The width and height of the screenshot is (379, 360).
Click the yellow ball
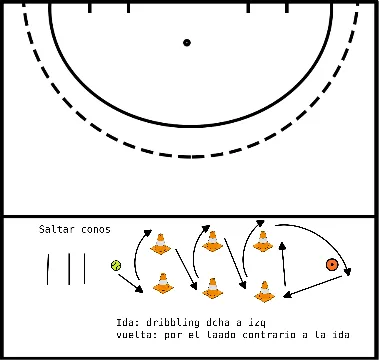117,266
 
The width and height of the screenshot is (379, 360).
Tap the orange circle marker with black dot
331,265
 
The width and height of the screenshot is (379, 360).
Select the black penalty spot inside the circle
187,42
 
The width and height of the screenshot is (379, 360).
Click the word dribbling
172,322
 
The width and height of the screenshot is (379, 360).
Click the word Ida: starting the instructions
126,322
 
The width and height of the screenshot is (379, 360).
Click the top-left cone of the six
159,243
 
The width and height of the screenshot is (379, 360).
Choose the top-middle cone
211,241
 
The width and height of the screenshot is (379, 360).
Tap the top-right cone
263,240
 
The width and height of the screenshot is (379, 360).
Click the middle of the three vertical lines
68,268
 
